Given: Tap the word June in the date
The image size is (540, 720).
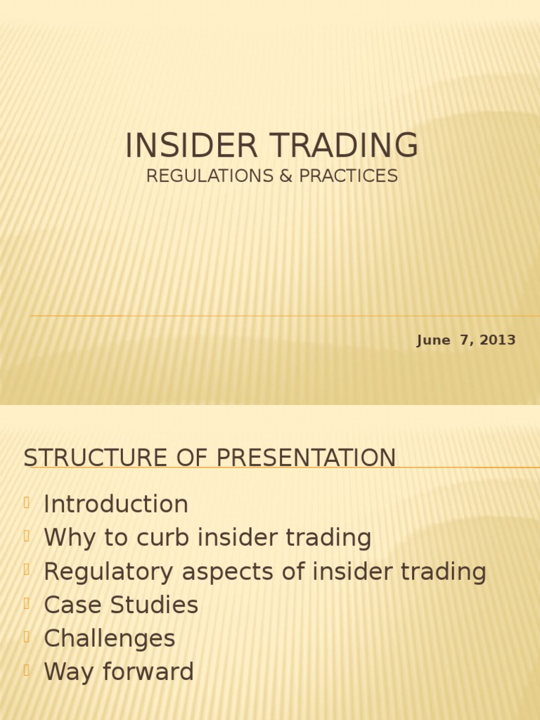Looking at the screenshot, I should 433,340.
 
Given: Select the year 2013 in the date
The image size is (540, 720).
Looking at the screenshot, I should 499,340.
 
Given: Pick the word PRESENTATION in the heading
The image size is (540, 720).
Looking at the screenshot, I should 306,458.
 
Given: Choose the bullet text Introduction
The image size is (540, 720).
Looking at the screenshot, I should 116,504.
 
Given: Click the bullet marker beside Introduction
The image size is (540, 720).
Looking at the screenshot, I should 27,503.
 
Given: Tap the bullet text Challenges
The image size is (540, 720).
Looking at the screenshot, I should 110,638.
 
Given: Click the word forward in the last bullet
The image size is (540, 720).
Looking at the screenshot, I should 146,672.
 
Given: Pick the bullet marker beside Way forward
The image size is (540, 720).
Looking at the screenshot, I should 27,671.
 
